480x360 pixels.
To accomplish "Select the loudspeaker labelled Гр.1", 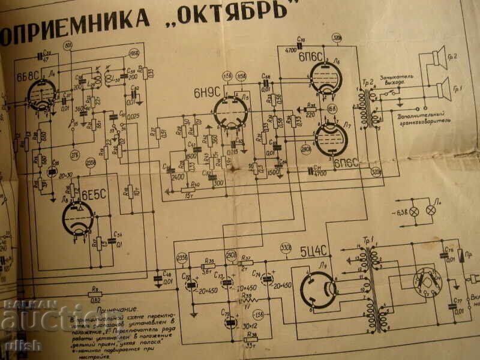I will click(442, 90).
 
